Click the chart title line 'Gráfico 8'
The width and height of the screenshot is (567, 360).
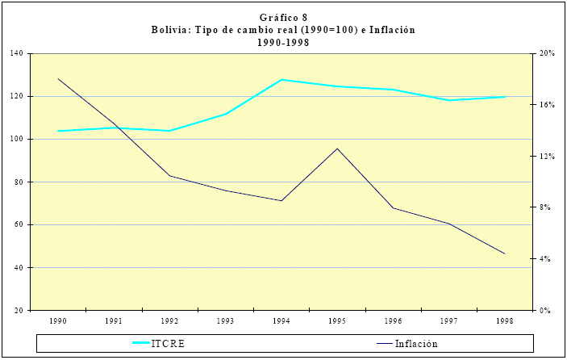point(283,18)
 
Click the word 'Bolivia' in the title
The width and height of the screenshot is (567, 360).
point(171,30)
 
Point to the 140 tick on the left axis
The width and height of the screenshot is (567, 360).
point(18,54)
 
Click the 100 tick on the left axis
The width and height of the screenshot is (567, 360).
point(18,140)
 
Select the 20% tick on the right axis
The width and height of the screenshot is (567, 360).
point(547,54)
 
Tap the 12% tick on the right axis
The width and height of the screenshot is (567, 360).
point(547,157)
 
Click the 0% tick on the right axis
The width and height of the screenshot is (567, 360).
point(545,311)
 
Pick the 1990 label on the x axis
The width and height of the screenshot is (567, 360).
point(58,321)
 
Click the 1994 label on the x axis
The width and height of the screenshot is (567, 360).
point(281,321)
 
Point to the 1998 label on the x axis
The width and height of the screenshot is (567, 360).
point(503,321)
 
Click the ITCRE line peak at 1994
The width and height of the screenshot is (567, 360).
point(281,80)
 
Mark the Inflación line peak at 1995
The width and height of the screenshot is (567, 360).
point(337,149)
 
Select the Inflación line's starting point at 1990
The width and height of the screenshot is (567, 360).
point(59,79)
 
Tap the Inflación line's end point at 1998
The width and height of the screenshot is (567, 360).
point(504,253)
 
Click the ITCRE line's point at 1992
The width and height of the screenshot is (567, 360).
point(170,131)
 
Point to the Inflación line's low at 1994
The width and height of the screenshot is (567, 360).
point(281,200)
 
